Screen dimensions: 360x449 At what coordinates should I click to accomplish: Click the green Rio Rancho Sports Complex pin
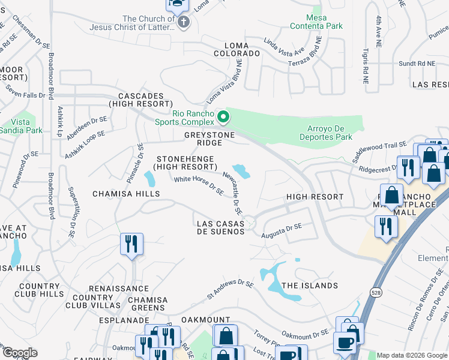(223, 117)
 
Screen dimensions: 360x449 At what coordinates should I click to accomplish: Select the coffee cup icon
(345, 343)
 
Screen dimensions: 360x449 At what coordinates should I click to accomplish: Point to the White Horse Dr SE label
(199, 185)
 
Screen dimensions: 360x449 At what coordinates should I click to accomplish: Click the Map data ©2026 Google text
(411, 355)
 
